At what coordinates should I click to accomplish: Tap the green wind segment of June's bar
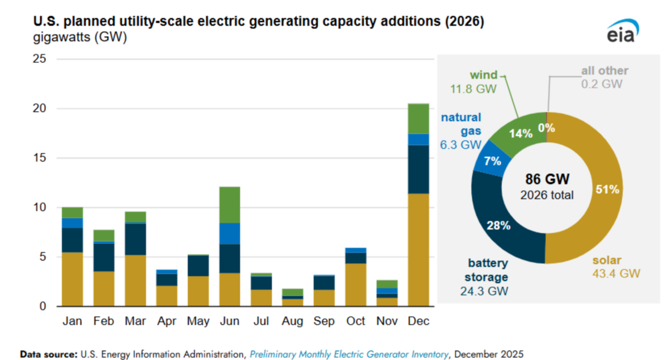click(229, 205)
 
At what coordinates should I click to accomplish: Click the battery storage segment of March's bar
click(135, 239)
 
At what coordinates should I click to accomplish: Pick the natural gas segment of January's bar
click(72, 223)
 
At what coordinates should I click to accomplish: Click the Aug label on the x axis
click(292, 322)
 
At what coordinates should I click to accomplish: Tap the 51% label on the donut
click(607, 189)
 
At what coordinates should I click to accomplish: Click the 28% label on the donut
click(498, 226)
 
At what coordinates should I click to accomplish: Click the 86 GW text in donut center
click(546, 179)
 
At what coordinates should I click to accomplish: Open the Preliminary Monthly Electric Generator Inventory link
click(349, 354)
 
